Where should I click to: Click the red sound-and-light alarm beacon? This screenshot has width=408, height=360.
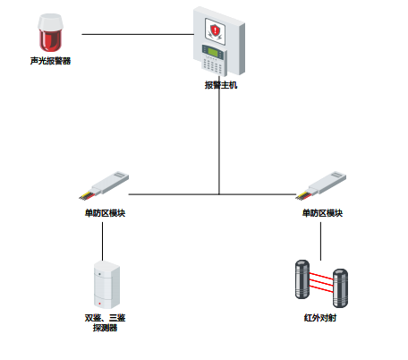coord(50,32)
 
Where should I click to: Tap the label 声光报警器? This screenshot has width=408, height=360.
coord(50,61)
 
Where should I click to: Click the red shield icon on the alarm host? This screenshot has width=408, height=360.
coord(215,30)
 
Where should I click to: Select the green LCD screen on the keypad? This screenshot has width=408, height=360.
coord(213,52)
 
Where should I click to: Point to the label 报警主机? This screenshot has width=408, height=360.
coord(221,85)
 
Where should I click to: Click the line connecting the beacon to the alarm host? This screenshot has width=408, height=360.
coord(138,34)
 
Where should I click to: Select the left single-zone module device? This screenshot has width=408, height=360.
coord(104,185)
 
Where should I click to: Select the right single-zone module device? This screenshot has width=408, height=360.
coord(321,185)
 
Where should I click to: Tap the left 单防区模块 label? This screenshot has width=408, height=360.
coord(105,213)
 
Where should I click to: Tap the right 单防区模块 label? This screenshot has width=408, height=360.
coord(322,213)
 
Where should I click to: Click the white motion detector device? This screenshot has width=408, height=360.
coord(106,285)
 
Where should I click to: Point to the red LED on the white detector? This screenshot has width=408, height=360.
coord(99,304)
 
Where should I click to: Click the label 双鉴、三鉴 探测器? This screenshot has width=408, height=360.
coord(105,322)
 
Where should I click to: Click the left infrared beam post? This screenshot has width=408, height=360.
coord(302,279)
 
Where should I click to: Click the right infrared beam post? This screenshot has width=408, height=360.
coord(340,288)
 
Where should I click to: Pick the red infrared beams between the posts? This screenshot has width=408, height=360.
coord(321,282)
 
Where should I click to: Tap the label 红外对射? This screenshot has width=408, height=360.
coord(320,318)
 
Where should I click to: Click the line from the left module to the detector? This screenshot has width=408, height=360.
coord(103,241)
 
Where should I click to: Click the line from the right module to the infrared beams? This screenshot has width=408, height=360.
coord(321,241)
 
